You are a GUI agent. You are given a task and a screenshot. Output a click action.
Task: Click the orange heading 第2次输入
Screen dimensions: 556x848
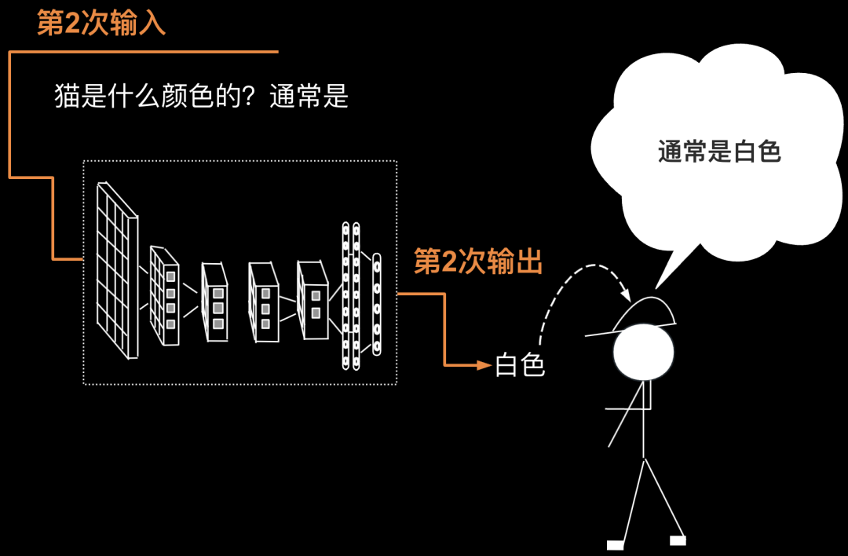[101, 23]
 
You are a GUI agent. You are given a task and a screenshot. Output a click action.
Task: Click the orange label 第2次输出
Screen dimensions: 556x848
[478, 262]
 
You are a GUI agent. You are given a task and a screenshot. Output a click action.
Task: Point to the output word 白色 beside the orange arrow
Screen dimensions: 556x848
[519, 365]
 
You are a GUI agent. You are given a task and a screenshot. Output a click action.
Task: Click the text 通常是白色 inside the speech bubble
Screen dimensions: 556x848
[719, 151]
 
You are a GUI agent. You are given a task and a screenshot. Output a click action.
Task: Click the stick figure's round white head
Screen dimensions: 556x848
[644, 353]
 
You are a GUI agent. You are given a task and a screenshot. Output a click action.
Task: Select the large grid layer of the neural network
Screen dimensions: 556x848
[117, 267]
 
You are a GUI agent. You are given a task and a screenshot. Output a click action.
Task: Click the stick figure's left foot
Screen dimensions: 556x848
[615, 544]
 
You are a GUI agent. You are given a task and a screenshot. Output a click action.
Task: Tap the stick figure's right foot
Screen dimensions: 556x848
[678, 540]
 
